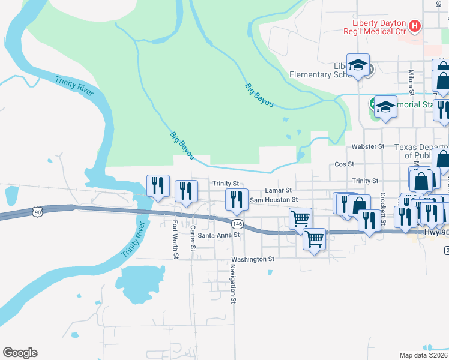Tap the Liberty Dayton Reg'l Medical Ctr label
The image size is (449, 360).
pyautogui.click(x=373, y=26)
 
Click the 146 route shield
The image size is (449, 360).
pyautogui.click(x=238, y=223)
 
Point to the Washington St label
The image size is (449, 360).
pyautogui.click(x=253, y=259)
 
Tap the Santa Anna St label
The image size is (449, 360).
pyautogui.click(x=218, y=235)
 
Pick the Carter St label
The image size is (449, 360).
pyautogui.click(x=193, y=238)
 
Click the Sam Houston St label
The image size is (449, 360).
pyautogui.click(x=274, y=199)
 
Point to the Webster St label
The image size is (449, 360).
pyautogui.click(x=367, y=146)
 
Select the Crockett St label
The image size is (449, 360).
pyautogui.click(x=382, y=210)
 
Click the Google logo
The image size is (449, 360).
pyautogui.click(x=20, y=353)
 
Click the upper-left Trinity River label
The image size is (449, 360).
pyautogui.click(x=74, y=86)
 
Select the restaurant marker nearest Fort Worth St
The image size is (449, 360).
pyautogui.click(x=158, y=185)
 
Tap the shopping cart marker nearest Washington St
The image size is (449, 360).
pyautogui.click(x=314, y=240)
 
